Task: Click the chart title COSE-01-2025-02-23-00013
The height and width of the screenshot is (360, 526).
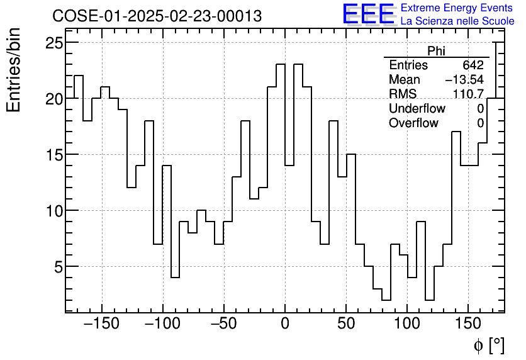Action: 157,16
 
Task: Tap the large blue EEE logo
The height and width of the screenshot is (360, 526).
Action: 368,14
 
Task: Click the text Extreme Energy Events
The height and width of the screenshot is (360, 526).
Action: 457,8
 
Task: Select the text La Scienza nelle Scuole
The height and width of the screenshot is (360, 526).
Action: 457,21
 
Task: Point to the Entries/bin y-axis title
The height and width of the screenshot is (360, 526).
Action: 14,70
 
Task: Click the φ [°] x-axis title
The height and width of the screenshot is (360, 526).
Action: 488,345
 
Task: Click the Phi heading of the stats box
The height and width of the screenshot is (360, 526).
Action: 436,51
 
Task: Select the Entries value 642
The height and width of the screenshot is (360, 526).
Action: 473,65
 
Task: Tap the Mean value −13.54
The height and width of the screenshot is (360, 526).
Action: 464,80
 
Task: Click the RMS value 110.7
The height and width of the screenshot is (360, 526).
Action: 468,94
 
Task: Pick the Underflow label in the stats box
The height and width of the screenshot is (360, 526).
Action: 417,109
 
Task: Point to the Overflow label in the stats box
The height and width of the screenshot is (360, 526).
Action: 413,123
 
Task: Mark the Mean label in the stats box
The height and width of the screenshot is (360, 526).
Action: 404,80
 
